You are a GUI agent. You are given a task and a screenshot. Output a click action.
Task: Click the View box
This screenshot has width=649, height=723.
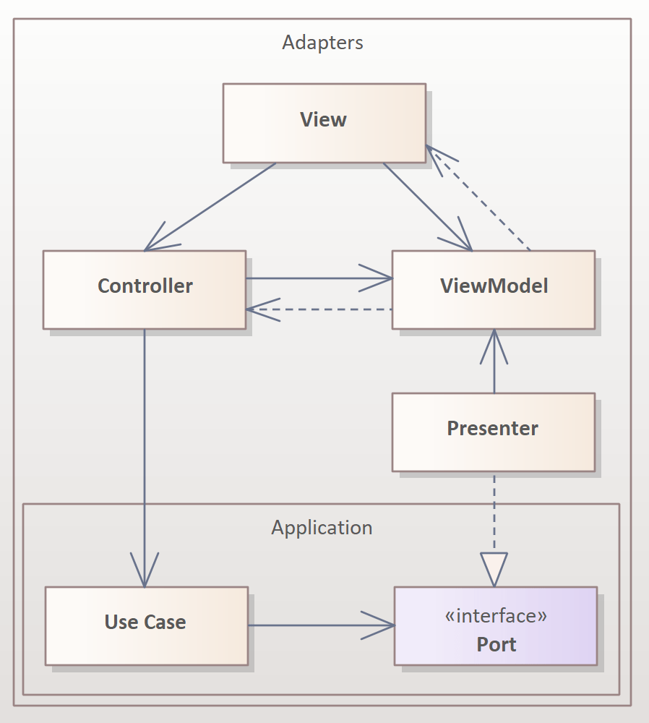coord(323,122)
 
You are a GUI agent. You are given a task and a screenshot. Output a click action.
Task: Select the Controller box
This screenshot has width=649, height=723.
coord(144,289)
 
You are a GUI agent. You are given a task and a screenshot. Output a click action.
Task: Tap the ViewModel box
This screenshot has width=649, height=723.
coord(493,289)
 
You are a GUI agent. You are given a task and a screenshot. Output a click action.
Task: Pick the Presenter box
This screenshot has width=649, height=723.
coord(493,432)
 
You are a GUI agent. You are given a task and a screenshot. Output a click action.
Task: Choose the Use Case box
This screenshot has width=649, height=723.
coord(146,625)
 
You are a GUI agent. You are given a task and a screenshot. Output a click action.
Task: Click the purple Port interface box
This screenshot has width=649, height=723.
coord(496,626)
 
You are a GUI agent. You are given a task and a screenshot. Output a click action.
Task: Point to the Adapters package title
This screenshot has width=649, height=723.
coord(322,43)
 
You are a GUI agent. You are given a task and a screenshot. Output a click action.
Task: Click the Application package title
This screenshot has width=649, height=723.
coord(322,528)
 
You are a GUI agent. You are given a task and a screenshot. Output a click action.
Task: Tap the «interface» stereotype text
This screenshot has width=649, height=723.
coord(496,616)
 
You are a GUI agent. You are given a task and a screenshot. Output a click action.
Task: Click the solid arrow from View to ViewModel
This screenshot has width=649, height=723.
coord(426,206)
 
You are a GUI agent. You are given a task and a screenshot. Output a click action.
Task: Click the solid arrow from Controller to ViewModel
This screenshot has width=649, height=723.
coord(318,278)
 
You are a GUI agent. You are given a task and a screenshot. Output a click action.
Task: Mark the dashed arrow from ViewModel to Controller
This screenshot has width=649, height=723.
coord(318,309)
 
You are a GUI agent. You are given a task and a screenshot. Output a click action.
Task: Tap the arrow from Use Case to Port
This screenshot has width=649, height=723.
coord(321,625)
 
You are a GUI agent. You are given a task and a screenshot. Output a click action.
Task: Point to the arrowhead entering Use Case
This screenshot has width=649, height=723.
coord(145,571)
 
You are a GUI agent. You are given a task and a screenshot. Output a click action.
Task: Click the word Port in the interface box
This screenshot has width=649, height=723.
coord(496,644)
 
